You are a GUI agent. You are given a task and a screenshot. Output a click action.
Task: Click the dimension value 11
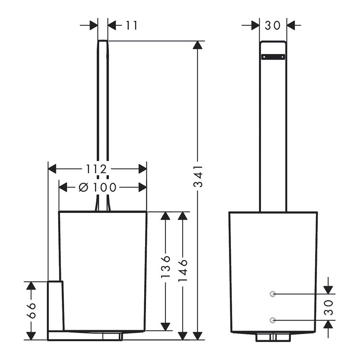pyautogui.click(x=131, y=25)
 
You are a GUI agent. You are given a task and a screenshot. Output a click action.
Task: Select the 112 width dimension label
pyautogui.click(x=96, y=169)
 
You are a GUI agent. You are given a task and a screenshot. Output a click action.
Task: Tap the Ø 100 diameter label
pyautogui.click(x=98, y=188)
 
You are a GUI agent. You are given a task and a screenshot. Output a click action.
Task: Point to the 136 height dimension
pyautogui.click(x=166, y=266)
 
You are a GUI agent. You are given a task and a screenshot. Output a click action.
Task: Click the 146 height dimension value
pyautogui.click(x=183, y=270)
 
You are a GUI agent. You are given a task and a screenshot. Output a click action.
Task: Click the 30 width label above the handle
pyautogui.click(x=273, y=26)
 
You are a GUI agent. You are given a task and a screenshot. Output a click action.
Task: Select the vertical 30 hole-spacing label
pyautogui.click(x=329, y=307)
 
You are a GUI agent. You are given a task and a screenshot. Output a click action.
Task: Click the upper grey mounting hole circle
pyautogui.click(x=273, y=294)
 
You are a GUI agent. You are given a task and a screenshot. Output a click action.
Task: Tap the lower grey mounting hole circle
pyautogui.click(x=273, y=320)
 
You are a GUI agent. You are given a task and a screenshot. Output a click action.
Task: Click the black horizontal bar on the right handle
pyautogui.click(x=273, y=57)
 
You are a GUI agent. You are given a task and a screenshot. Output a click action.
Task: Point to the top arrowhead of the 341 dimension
pyautogui.click(x=198, y=45)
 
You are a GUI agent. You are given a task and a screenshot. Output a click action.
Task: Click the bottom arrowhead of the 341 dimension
pyautogui.click(x=198, y=336)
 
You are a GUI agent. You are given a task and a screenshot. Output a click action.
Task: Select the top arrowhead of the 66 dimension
pyautogui.click(x=31, y=285)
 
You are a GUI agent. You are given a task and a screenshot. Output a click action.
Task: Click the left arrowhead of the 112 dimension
pyautogui.click(x=52, y=169)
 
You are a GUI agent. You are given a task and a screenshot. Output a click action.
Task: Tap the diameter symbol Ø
pyautogui.click(x=84, y=188)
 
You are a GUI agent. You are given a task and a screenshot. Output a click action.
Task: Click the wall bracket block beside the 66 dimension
pyautogui.click(x=55, y=306)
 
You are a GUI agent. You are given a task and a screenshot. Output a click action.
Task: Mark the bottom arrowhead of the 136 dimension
pyautogui.click(x=166, y=327)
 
